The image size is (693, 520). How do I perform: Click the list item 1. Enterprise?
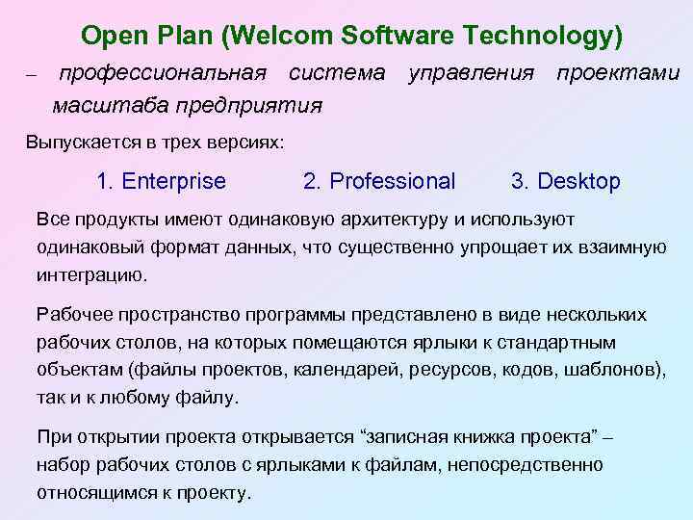162,181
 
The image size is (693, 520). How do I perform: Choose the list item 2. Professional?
379,181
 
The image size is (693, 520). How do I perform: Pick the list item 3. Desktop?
566,181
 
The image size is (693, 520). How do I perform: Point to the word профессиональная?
163,73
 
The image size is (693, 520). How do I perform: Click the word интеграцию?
92,274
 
